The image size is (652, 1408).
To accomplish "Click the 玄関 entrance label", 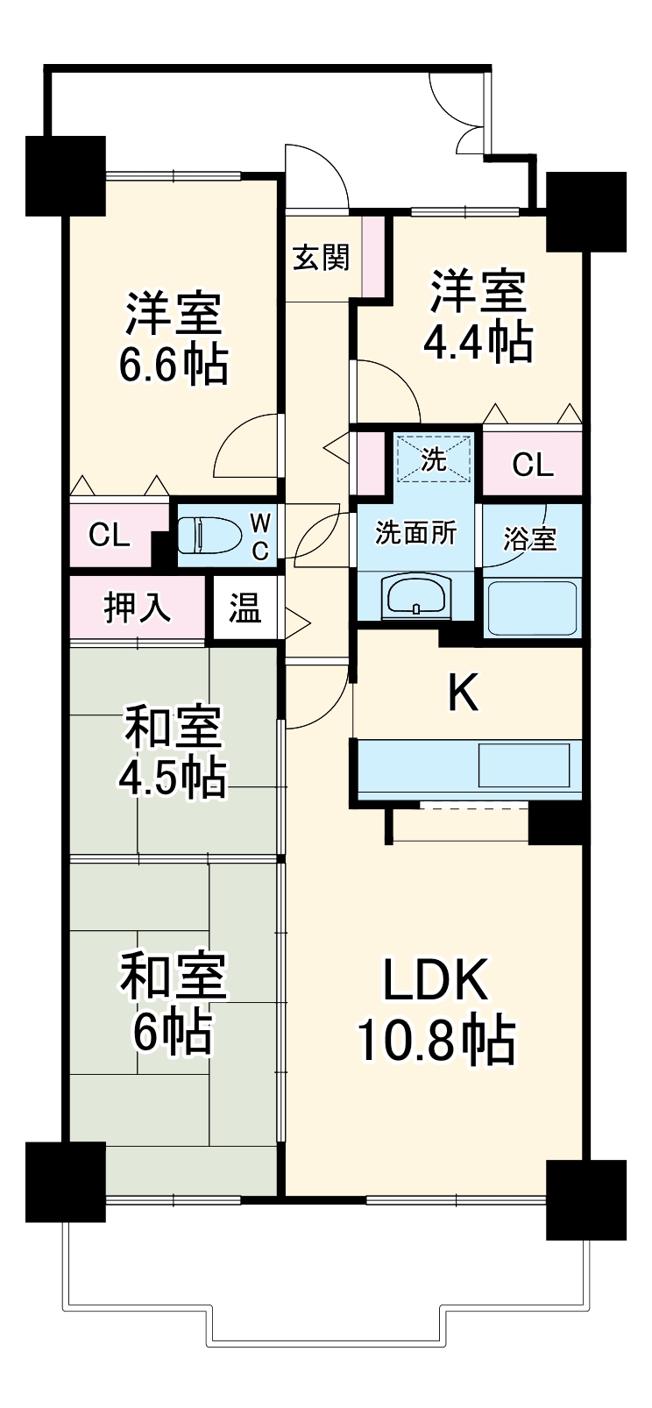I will click(x=321, y=258).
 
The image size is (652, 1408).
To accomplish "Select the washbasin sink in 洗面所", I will click(x=415, y=596).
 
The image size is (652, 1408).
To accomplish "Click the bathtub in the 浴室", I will click(x=531, y=607).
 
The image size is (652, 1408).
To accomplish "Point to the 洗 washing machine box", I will click(x=434, y=458).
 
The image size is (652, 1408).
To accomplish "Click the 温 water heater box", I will click(x=244, y=608).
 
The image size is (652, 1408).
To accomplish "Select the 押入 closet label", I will click(x=138, y=608).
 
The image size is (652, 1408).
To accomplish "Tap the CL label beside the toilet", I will click(x=110, y=535).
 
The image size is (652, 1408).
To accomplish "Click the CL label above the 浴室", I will click(x=533, y=464).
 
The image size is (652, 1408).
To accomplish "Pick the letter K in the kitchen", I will click(x=464, y=694).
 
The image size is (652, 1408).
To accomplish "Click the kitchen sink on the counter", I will click(x=523, y=764).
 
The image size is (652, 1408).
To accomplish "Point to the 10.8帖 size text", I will click(x=436, y=1040).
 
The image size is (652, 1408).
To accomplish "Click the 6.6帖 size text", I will click(x=174, y=364).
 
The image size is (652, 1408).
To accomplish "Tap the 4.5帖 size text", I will click(x=174, y=776).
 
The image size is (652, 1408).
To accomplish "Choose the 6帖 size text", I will click(x=173, y=1032).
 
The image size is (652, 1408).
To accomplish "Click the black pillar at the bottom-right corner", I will click(x=585, y=1199).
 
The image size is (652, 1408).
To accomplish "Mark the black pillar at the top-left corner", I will click(x=66, y=175).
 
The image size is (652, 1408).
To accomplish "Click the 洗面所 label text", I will click(x=415, y=532).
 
